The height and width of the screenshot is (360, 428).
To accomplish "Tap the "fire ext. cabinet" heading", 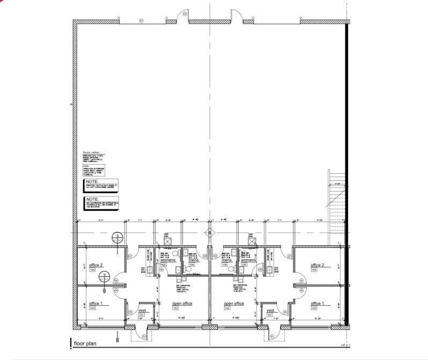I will click(84, 152).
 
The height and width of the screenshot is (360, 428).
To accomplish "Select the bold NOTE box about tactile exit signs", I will click(101, 184).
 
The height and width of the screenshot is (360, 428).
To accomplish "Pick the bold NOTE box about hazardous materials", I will click(101, 202).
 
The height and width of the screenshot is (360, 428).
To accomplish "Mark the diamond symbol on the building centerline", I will click(210, 233).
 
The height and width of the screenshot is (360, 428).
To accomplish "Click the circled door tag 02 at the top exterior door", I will click(185, 13).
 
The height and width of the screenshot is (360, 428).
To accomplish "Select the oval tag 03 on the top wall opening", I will click(142, 21).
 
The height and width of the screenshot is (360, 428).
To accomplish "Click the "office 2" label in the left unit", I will click(96, 265).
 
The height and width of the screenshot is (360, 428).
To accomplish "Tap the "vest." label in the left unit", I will click(143, 311).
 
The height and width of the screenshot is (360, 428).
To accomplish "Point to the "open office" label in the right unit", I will click(234, 304).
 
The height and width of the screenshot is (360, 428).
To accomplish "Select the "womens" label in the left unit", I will click(168, 260).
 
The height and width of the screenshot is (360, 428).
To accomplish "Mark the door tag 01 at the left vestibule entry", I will click(144, 336).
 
